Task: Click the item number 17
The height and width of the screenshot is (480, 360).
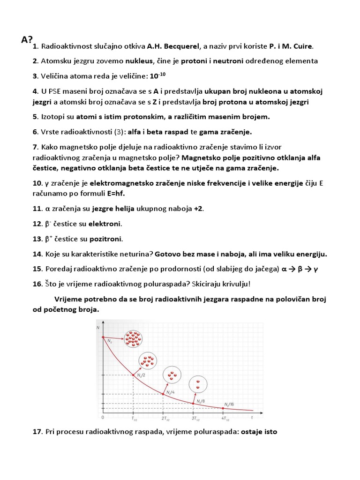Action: click(37, 432)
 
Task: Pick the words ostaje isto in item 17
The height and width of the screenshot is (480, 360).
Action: click(259, 432)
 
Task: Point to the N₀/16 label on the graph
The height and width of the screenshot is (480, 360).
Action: click(229, 404)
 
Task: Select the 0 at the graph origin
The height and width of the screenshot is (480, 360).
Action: click(102, 417)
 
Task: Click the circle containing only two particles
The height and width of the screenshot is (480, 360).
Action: click(197, 384)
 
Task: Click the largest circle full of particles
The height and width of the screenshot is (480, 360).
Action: click(133, 338)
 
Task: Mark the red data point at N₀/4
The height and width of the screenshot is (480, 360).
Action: click(163, 394)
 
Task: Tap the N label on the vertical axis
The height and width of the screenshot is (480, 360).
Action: click(98, 327)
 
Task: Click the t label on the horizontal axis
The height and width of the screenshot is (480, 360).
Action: click(252, 416)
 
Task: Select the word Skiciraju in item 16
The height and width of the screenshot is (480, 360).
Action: click(192, 284)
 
